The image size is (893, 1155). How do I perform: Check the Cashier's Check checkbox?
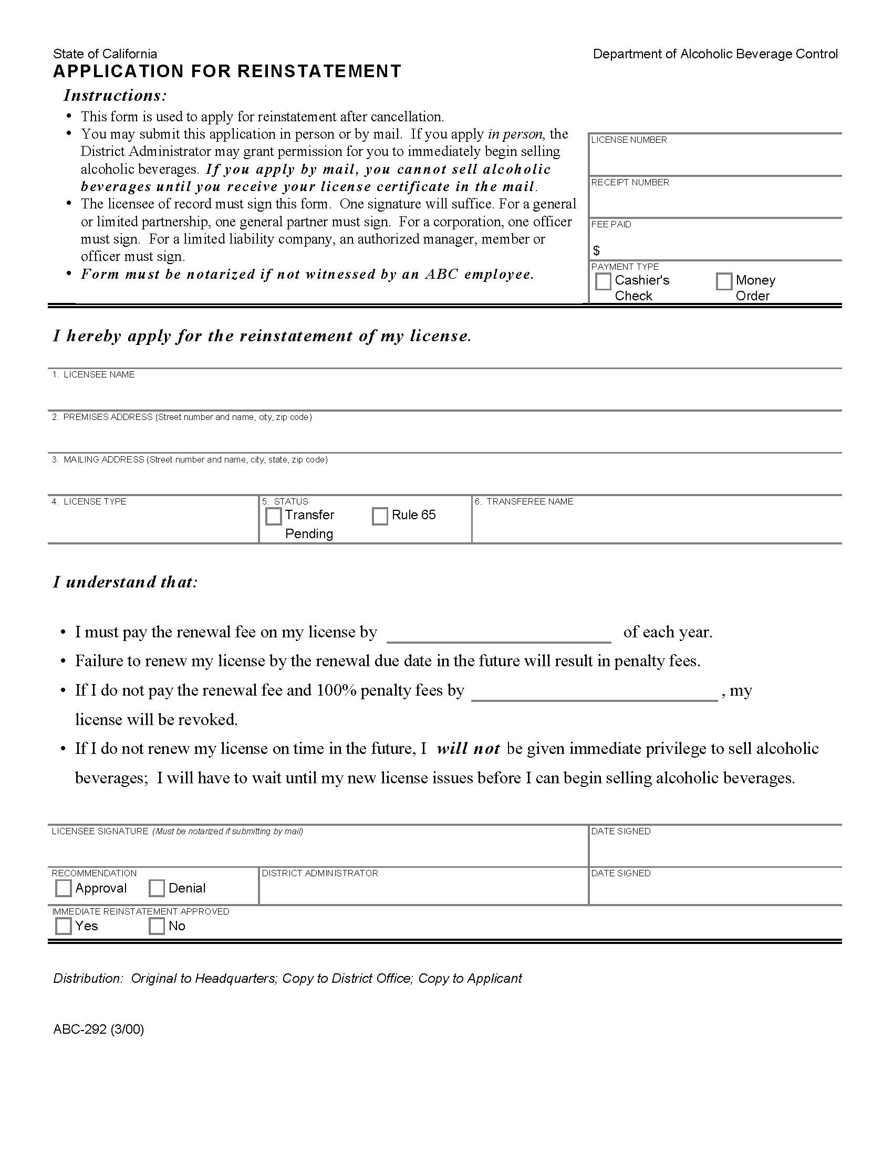(603, 281)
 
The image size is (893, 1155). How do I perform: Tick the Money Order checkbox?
(723, 281)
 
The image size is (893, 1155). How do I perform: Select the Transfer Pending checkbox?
(273, 516)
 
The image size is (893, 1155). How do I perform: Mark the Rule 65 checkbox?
(379, 516)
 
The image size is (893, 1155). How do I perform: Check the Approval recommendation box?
(63, 888)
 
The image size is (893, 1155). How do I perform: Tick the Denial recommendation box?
(157, 888)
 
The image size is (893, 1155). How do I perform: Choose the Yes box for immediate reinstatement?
(63, 926)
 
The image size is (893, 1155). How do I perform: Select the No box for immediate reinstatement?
(157, 926)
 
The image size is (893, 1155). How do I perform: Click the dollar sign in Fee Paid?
(596, 250)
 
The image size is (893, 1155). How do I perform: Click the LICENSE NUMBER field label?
(628, 140)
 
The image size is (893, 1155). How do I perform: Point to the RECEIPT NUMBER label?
(629, 182)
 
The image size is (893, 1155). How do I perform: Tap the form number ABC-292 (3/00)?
(98, 1029)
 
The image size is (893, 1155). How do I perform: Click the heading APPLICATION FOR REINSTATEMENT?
(227, 71)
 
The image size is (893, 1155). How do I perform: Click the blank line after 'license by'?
(499, 635)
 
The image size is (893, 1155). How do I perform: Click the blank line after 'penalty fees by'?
(594, 693)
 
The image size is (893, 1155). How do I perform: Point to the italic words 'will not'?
(468, 748)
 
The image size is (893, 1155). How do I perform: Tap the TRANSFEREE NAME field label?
(529, 501)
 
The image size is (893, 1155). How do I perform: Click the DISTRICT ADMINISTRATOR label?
(319, 873)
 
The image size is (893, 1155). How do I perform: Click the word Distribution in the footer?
(88, 979)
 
